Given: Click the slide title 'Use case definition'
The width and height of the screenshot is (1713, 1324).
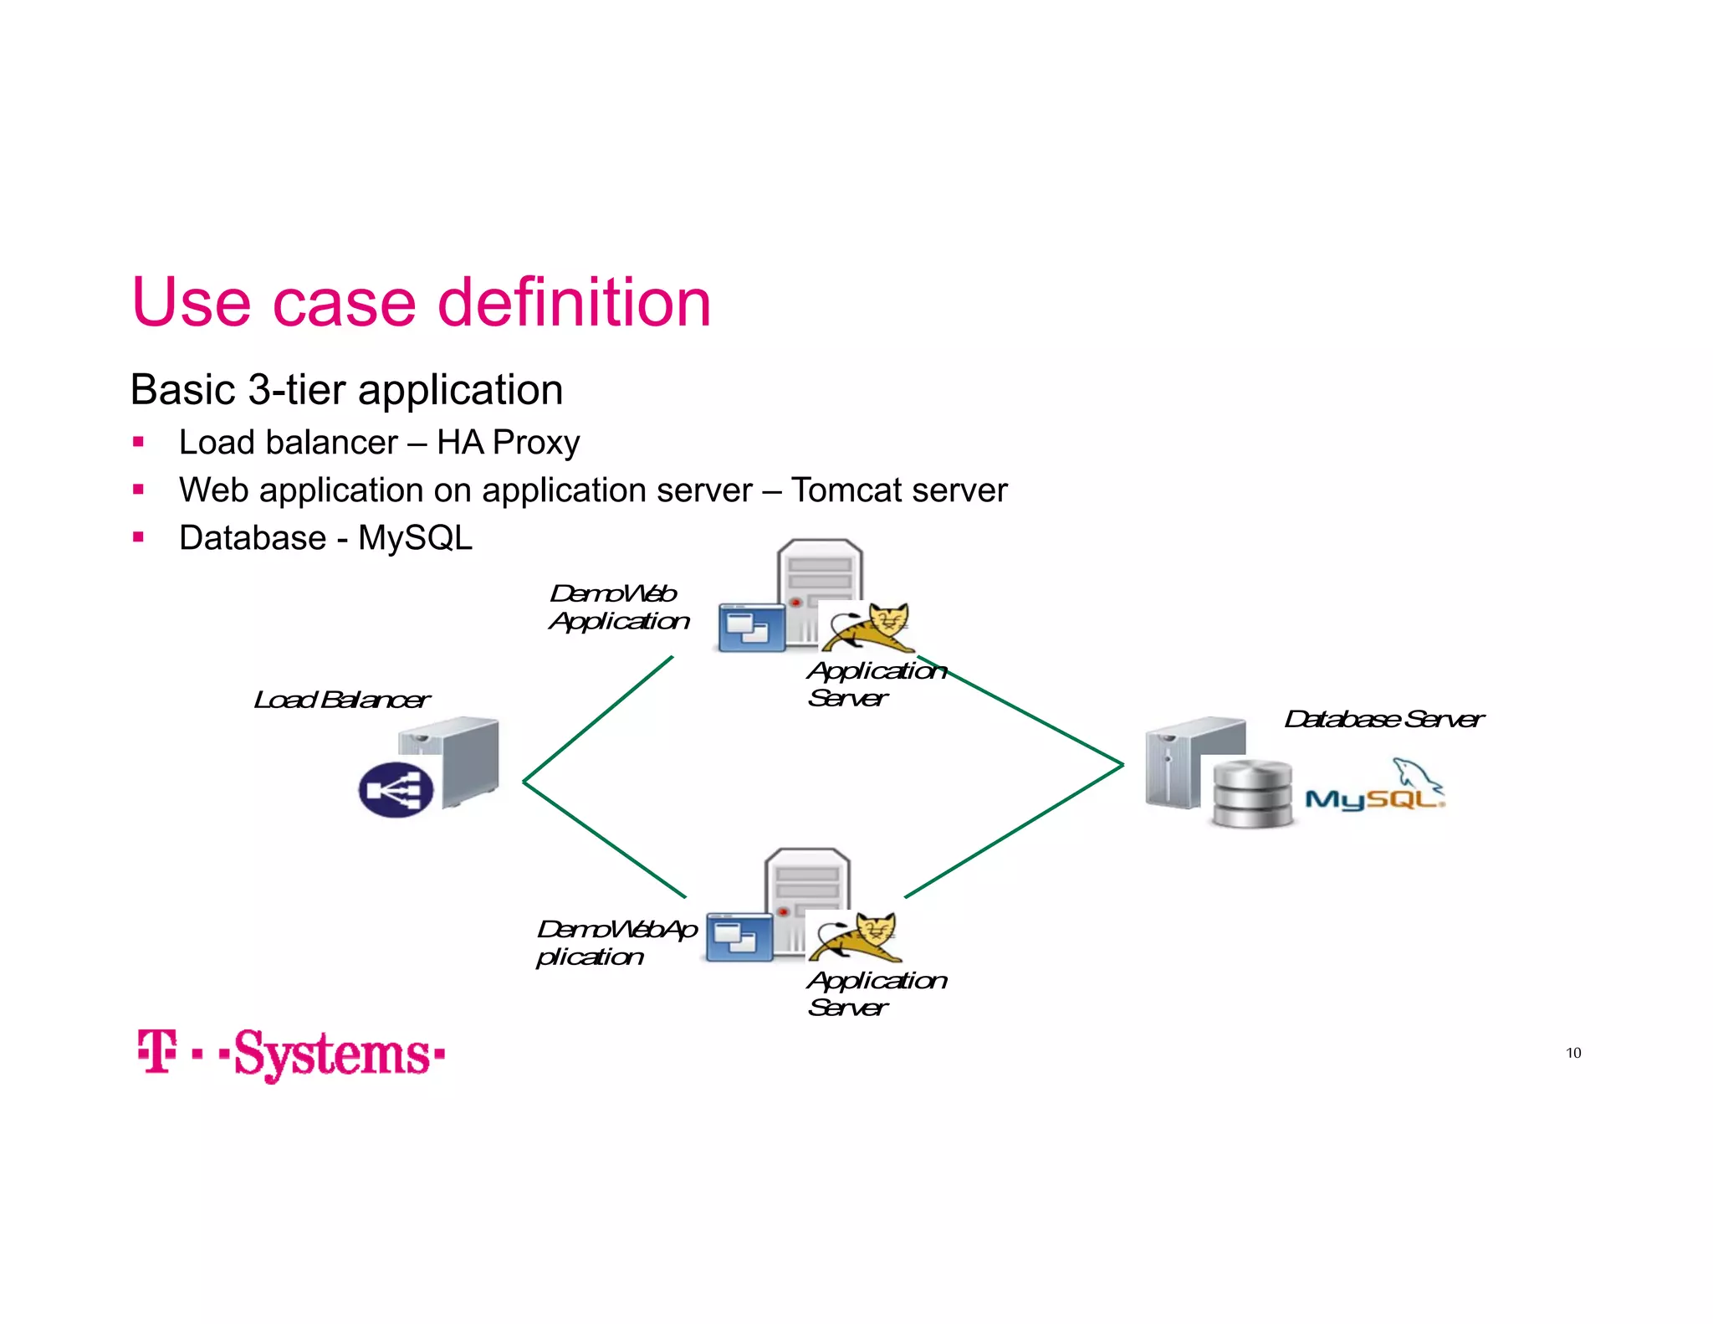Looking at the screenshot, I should [x=421, y=302].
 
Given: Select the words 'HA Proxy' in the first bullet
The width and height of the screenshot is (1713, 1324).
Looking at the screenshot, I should [x=508, y=443].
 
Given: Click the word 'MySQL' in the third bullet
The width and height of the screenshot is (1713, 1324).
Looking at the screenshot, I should [x=415, y=538].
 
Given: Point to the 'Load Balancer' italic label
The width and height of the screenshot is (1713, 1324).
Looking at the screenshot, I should [x=341, y=700].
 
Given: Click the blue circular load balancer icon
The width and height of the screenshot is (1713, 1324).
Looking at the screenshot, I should [x=396, y=790].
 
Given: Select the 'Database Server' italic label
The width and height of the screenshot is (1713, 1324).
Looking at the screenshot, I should [x=1383, y=719].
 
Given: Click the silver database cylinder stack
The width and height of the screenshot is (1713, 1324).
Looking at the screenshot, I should [x=1252, y=793].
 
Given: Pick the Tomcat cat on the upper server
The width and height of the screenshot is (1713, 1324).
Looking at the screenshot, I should [x=870, y=628].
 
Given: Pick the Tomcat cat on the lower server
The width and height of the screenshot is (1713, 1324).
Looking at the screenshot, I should [x=856, y=937].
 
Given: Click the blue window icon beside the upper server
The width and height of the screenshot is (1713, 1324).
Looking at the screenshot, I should [x=750, y=628].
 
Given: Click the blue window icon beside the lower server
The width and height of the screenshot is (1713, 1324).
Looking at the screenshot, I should [x=739, y=937].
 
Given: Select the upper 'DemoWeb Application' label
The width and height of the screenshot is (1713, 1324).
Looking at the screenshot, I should [x=619, y=608].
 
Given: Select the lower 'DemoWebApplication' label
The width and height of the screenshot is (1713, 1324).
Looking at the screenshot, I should [x=616, y=943].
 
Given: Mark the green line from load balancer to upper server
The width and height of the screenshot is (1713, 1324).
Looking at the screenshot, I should [x=598, y=720].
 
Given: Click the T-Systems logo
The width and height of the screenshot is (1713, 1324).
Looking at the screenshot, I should [x=291, y=1054].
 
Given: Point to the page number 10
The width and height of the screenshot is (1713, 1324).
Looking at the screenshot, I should [x=1573, y=1053].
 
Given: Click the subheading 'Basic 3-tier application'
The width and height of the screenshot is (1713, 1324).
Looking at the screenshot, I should [x=346, y=390].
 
